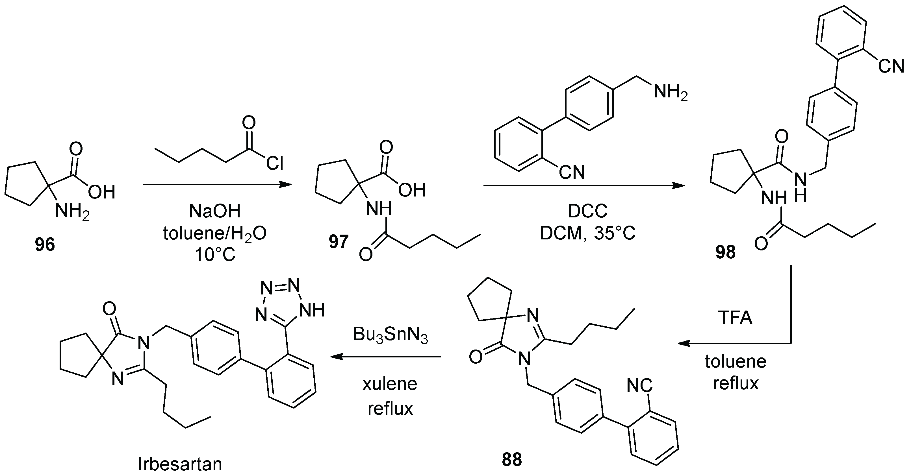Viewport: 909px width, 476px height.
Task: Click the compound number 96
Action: [x=45, y=244]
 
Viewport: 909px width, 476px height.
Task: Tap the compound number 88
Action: [x=512, y=460]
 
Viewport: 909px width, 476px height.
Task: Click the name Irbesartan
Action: [x=180, y=464]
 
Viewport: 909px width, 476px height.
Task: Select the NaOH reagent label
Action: [x=214, y=211]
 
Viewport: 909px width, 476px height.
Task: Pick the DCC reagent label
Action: [x=587, y=211]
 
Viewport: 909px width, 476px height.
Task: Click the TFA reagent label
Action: [x=735, y=318]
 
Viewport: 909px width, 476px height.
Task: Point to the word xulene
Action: [x=390, y=384]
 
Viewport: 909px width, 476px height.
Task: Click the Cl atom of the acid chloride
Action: [x=275, y=163]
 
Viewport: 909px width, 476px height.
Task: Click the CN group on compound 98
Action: [x=891, y=66]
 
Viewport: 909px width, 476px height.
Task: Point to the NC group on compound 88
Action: [x=639, y=386]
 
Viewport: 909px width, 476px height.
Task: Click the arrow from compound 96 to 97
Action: [x=217, y=184]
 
